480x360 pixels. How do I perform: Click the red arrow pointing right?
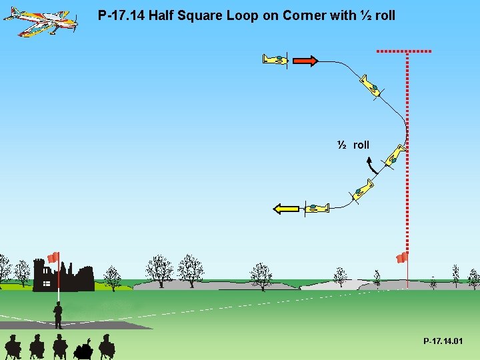(305, 61)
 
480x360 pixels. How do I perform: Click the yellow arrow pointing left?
(287, 209)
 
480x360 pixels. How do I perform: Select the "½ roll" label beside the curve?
(353, 145)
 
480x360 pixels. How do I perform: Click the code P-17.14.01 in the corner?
(443, 341)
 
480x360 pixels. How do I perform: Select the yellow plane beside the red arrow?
(275, 60)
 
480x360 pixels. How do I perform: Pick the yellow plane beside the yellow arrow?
(317, 208)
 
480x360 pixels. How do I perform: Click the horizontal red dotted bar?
(403, 51)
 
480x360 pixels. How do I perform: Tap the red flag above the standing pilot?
(53, 257)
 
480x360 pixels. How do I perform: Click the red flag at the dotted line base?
(401, 257)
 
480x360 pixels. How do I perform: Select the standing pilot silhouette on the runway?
(58, 315)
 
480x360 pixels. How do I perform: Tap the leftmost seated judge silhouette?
(13, 347)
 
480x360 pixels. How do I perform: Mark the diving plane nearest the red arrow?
(370, 86)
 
